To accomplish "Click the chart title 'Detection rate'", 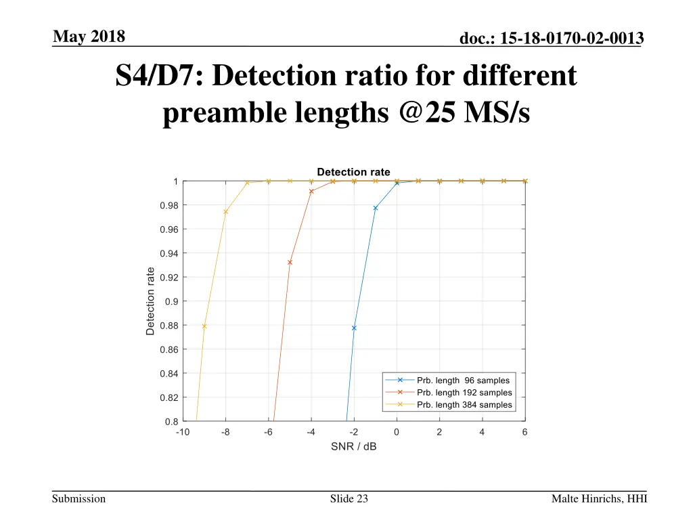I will pos(353,172).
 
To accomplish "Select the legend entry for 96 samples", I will pos(463,381).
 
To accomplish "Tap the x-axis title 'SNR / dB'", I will pos(353,447).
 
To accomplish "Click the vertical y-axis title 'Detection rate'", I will pos(150,301).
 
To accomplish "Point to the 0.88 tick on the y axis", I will pos(169,326).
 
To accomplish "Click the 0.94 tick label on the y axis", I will pos(169,254).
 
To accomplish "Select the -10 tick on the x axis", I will pos(183,432).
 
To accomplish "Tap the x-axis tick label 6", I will pos(525,432).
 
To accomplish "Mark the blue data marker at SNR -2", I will pos(354,328).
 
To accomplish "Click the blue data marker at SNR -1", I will pos(375,208).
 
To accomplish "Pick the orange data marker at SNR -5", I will pos(290,262).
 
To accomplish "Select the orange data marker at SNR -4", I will pos(311,192).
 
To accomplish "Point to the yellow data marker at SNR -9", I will pos(204,326).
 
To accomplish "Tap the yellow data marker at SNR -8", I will pos(225,212).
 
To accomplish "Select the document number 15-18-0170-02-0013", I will pos(551,40).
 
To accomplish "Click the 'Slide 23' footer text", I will pos(349,499).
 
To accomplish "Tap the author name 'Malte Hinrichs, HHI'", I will pos(599,499).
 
